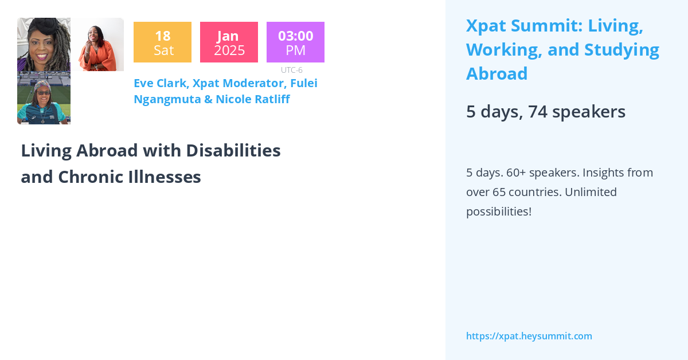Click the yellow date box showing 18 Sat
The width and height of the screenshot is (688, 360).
[162, 42]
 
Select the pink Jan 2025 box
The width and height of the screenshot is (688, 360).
[229, 42]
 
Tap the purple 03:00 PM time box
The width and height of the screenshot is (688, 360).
[295, 42]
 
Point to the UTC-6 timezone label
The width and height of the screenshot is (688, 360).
[291, 70]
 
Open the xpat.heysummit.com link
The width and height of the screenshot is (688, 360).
[529, 336]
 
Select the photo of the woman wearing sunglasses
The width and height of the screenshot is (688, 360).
[44, 98]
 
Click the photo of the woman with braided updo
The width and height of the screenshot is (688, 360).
[44, 45]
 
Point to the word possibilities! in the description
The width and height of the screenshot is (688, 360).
[498, 212]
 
